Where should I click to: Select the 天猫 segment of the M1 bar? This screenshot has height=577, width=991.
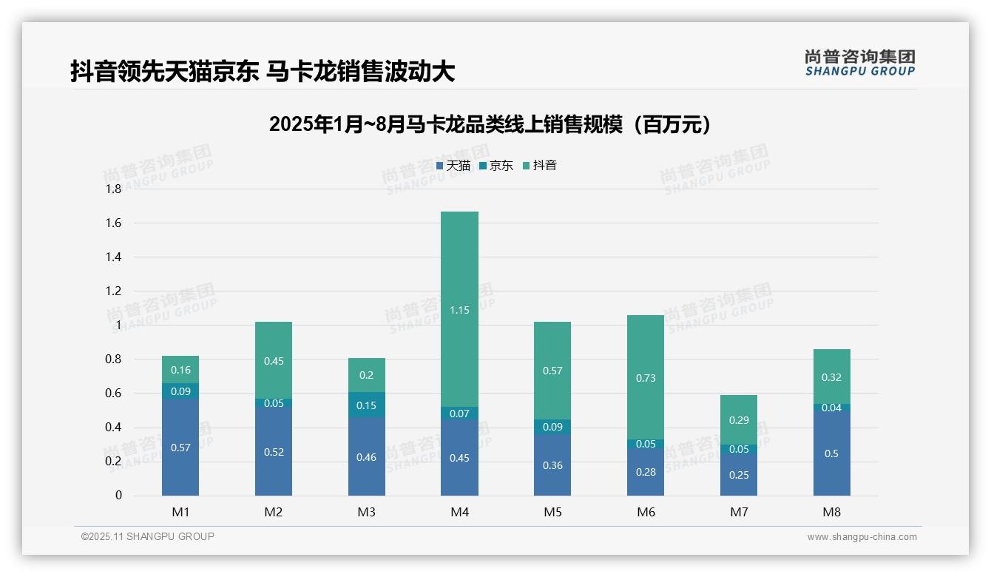180,447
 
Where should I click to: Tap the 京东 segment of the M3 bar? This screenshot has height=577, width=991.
367,405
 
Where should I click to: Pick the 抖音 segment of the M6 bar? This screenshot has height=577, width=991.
646,377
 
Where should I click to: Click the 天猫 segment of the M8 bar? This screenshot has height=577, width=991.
831,453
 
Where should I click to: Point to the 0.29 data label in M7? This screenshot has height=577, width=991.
739,420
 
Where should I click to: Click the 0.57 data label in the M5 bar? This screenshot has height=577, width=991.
552,371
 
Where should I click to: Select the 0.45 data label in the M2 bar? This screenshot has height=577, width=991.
274,361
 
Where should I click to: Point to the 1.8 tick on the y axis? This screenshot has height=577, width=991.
113,189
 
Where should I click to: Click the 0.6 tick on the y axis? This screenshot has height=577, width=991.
113,394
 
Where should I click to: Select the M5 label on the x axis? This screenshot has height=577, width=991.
552,512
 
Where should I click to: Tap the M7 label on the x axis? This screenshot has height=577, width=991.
739,512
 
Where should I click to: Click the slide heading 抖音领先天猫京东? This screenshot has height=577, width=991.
263,71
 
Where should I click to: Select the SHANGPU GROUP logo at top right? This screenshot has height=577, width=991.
859,63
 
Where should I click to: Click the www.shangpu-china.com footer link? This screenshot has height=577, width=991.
862,537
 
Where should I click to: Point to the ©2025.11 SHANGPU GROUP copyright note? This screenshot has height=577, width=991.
148,536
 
